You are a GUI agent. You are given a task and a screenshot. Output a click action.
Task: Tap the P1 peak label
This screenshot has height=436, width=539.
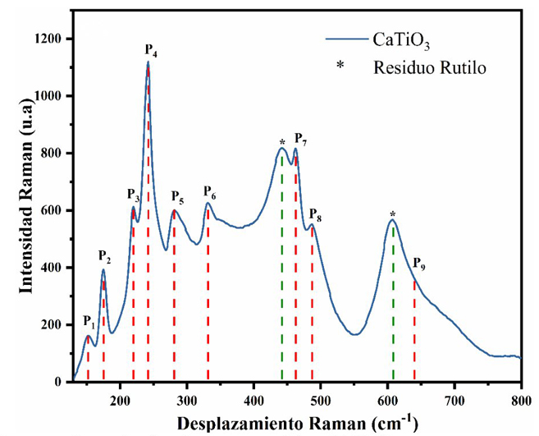[89, 321]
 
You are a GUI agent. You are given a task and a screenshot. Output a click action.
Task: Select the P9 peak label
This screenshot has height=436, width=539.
[418, 264]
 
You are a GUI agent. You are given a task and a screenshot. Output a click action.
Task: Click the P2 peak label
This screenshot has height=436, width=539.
[104, 255]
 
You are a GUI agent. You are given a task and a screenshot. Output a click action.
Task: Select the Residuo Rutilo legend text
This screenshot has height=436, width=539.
[430, 67]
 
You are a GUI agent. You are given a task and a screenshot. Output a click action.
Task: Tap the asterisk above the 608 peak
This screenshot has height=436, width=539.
[393, 215]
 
